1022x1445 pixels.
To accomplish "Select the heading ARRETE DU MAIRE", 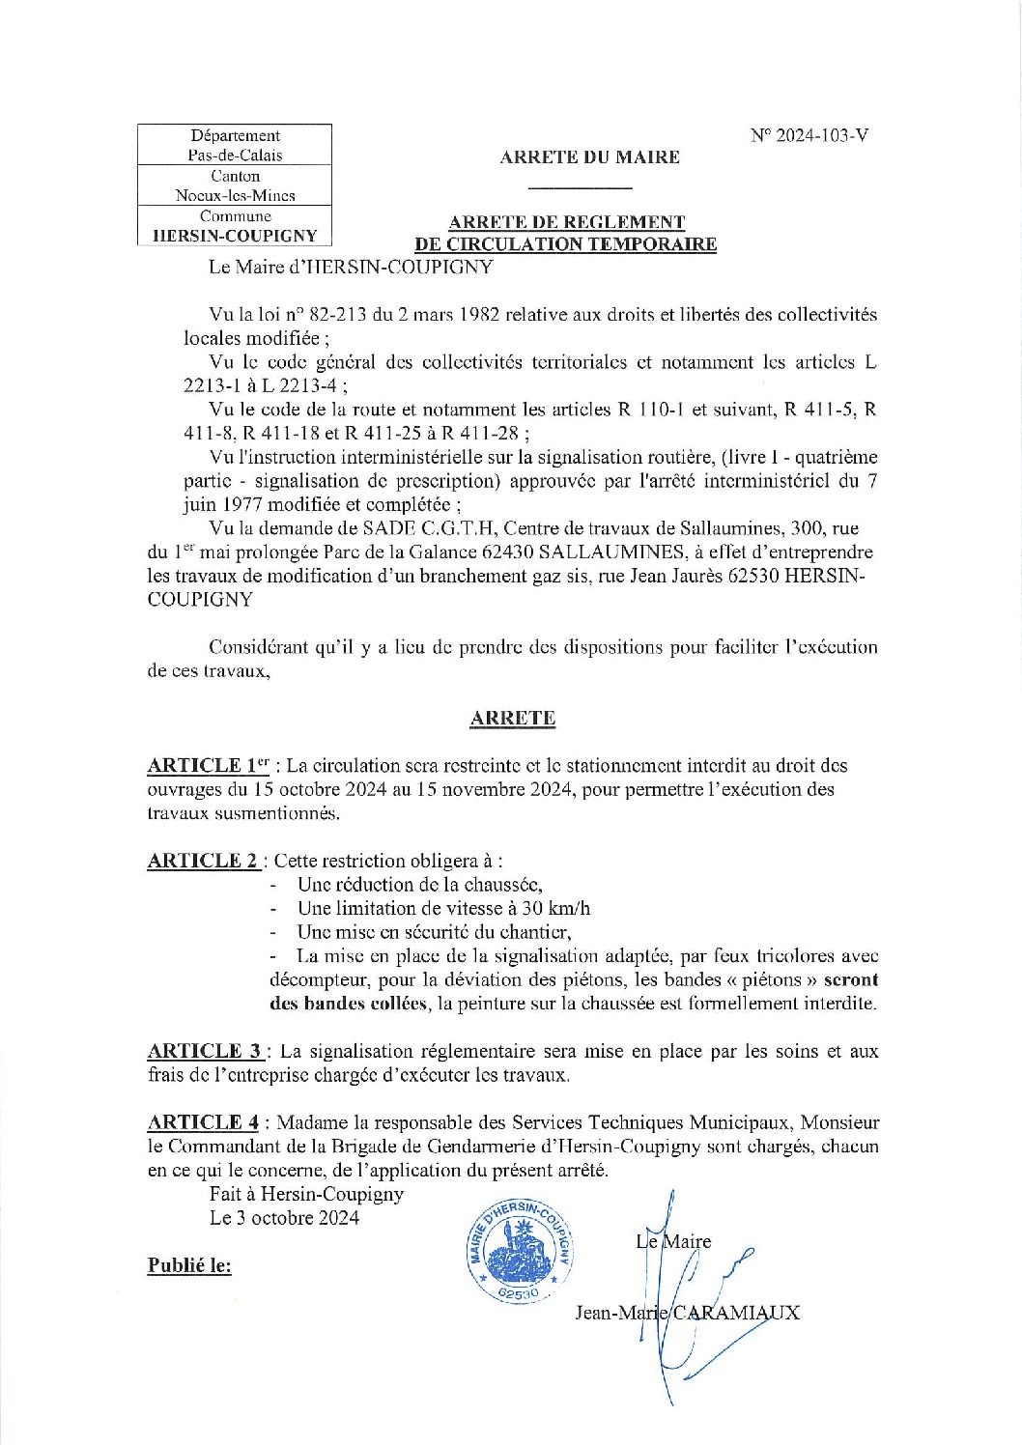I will coord(589,157).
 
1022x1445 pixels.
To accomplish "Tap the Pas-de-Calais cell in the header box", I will coord(235,156).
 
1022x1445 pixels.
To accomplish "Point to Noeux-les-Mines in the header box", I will coord(235,195).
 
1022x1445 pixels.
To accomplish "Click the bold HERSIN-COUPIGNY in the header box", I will coord(235,236).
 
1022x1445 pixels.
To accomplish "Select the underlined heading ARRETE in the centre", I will coord(512,719).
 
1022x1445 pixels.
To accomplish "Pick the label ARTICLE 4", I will coord(204,1122).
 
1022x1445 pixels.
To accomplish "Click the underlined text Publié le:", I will coord(189,1265).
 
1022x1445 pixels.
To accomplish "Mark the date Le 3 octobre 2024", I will coord(284,1218).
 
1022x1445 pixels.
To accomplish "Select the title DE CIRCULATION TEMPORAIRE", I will coord(565,244).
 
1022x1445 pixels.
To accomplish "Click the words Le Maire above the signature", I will coord(673,1241).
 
